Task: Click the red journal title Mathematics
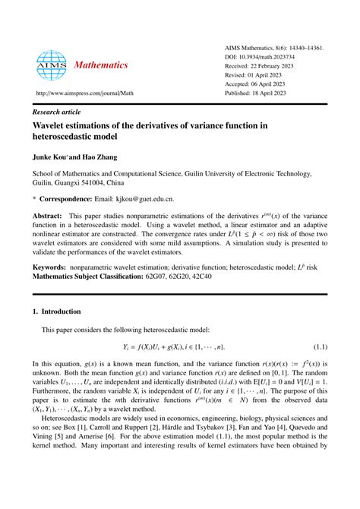tap(101, 65)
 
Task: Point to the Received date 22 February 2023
tap(270, 67)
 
